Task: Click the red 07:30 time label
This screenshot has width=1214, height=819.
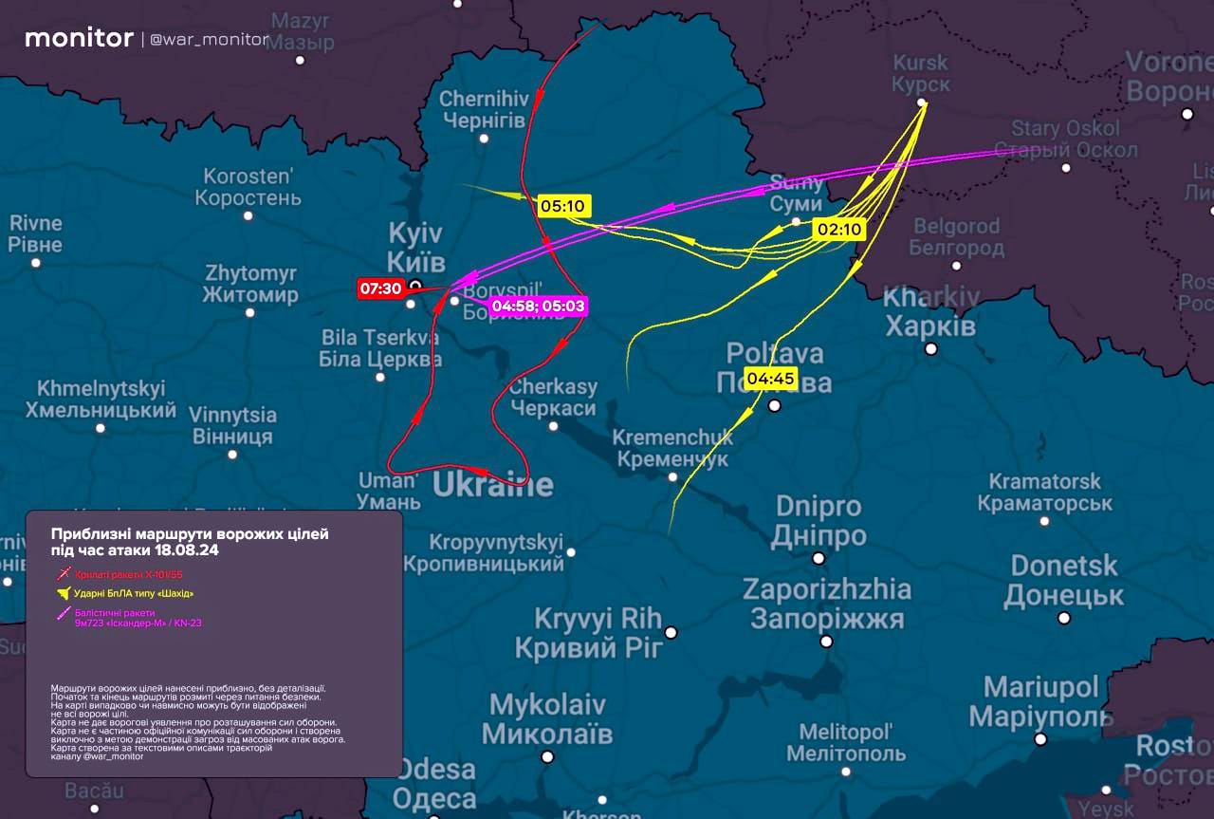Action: (x=380, y=289)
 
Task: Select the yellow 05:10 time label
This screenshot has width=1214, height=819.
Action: (x=563, y=205)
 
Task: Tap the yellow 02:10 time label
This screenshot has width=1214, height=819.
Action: (x=839, y=230)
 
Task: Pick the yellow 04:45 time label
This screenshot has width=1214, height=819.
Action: (x=771, y=379)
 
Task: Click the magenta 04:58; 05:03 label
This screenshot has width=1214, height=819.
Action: (x=539, y=306)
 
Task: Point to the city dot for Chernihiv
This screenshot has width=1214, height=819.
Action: (x=484, y=139)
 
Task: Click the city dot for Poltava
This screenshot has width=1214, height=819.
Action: (x=775, y=406)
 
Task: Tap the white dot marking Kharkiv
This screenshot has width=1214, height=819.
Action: (x=931, y=348)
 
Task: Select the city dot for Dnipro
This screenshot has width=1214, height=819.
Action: (x=819, y=558)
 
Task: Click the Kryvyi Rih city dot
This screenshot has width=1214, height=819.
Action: (x=671, y=632)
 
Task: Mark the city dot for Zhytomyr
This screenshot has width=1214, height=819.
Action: (x=249, y=313)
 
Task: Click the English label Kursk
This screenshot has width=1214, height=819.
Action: (x=919, y=63)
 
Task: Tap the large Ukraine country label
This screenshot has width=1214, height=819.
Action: (x=492, y=484)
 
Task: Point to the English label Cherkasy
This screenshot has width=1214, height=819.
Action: (x=553, y=387)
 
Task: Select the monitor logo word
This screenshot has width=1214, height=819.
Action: (x=79, y=38)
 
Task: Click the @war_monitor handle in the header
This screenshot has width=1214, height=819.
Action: (x=210, y=40)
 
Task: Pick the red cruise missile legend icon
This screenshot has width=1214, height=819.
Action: (x=64, y=574)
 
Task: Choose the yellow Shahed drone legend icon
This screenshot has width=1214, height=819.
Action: (x=64, y=594)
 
